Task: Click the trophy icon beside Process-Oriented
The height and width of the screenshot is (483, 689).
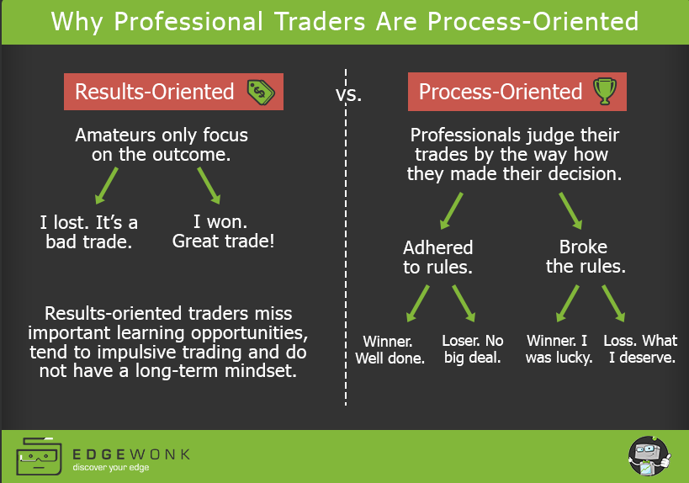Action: (605, 91)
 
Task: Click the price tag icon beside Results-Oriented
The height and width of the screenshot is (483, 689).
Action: (261, 93)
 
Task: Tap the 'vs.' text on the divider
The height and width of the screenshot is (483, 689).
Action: (348, 94)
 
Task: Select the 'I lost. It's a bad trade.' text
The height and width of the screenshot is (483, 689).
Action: (89, 232)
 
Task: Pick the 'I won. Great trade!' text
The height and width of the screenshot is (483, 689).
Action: (223, 231)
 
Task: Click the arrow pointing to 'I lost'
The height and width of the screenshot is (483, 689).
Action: (106, 185)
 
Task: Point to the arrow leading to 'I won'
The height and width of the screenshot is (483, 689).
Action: (209, 185)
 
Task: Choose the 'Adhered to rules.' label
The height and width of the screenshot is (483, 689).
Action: (437, 257)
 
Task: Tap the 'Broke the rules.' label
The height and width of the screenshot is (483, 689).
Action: (586, 257)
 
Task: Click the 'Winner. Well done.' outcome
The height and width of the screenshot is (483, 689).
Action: (390, 350)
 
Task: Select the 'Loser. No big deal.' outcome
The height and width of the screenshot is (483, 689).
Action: (472, 349)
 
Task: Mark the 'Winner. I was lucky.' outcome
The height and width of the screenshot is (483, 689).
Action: (559, 349)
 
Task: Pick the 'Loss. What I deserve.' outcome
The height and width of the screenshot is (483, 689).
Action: (641, 349)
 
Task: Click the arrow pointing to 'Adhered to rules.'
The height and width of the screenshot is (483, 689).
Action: (451, 211)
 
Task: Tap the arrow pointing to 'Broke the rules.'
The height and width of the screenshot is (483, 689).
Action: (570, 211)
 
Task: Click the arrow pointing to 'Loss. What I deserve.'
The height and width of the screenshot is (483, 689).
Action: (613, 304)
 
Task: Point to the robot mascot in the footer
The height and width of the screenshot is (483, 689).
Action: (649, 456)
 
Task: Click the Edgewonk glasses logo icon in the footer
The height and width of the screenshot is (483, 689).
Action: (39, 456)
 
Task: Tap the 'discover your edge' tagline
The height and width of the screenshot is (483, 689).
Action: (111, 468)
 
